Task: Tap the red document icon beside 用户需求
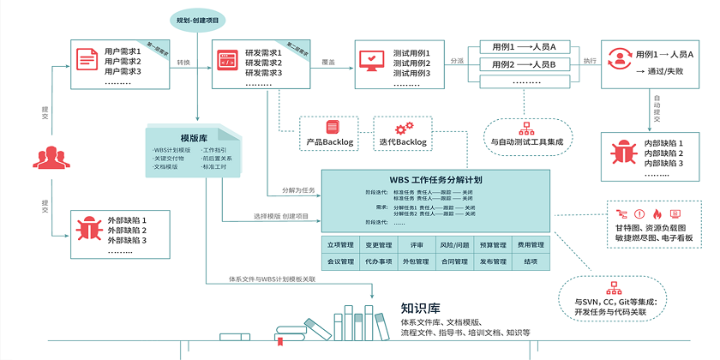(x=87, y=61)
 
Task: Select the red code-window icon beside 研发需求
(x=227, y=61)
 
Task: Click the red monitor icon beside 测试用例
(x=371, y=61)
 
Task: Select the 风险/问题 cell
(x=453, y=245)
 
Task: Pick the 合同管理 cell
(x=453, y=261)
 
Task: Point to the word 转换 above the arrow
(x=183, y=63)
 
